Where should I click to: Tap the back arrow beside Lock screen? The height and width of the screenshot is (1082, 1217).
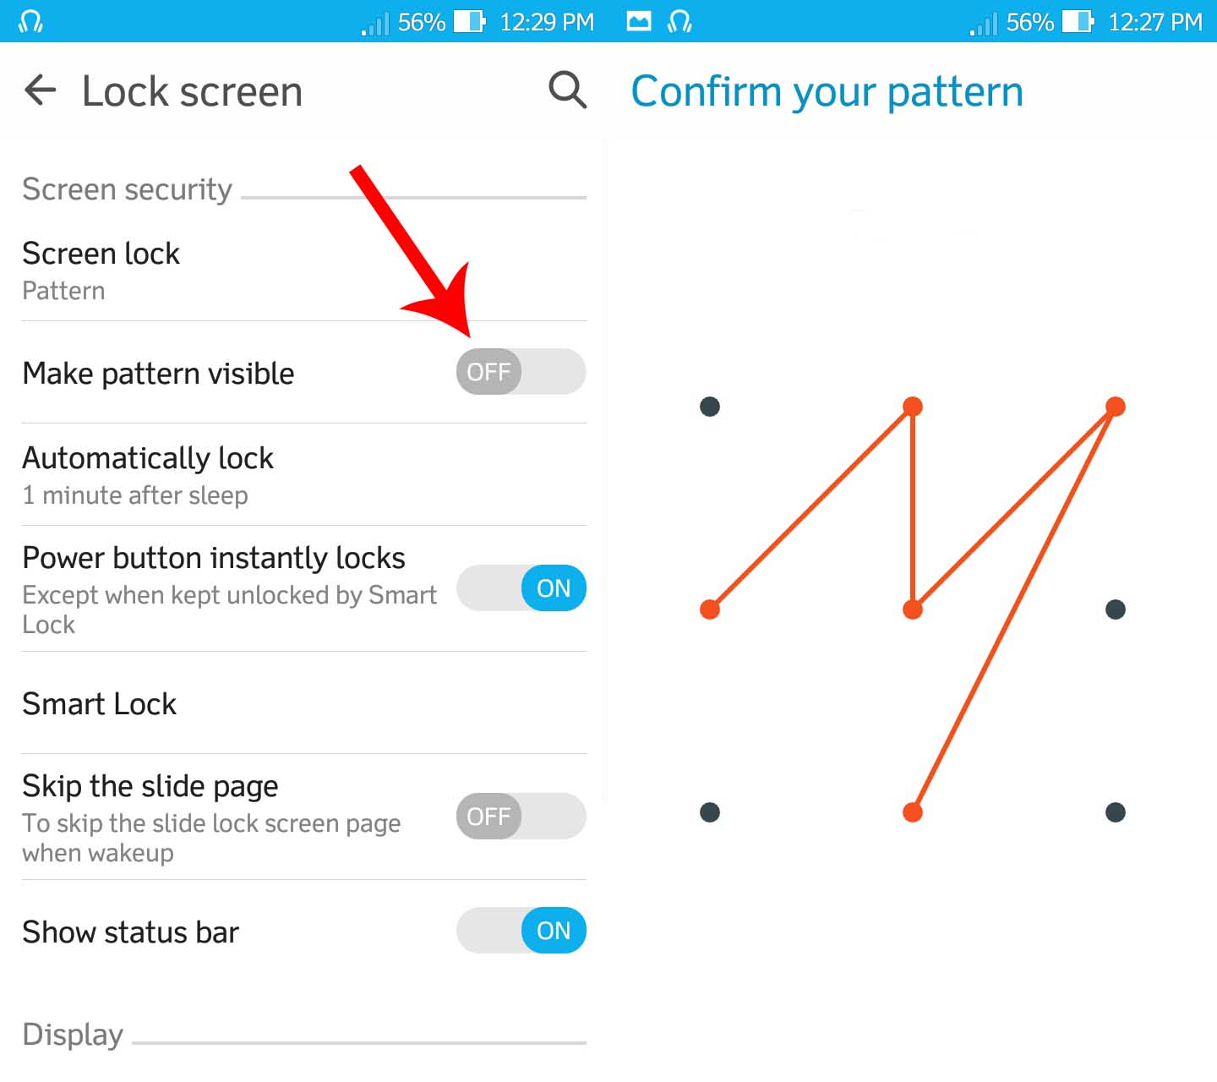(40, 90)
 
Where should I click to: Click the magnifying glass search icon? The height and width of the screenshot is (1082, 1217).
(567, 90)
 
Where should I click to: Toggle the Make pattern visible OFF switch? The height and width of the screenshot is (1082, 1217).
(521, 371)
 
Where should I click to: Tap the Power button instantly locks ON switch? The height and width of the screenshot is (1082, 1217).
(521, 587)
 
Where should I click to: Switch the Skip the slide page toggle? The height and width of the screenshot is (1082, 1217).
(521, 816)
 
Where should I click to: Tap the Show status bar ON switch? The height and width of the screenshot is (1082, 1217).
(521, 930)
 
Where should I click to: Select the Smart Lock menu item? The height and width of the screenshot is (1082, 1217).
(99, 703)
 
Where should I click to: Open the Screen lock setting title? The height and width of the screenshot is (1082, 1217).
(101, 254)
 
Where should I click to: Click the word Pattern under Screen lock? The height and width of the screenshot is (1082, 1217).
(63, 291)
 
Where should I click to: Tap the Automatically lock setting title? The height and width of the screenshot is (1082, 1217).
(148, 458)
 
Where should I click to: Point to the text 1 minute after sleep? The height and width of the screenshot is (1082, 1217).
(135, 495)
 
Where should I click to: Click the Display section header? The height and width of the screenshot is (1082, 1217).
(73, 1035)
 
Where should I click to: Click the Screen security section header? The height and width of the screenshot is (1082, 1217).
(128, 190)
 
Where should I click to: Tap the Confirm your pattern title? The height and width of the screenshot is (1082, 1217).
(827, 92)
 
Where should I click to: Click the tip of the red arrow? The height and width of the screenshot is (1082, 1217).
(469, 336)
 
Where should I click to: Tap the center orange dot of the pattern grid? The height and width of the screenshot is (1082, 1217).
(913, 609)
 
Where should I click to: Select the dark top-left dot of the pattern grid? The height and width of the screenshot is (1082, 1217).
(710, 407)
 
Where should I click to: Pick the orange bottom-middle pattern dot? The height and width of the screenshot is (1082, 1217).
(913, 813)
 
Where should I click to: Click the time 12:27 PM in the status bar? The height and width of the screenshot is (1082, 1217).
(1155, 22)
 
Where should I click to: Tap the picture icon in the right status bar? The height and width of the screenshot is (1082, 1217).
(639, 22)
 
